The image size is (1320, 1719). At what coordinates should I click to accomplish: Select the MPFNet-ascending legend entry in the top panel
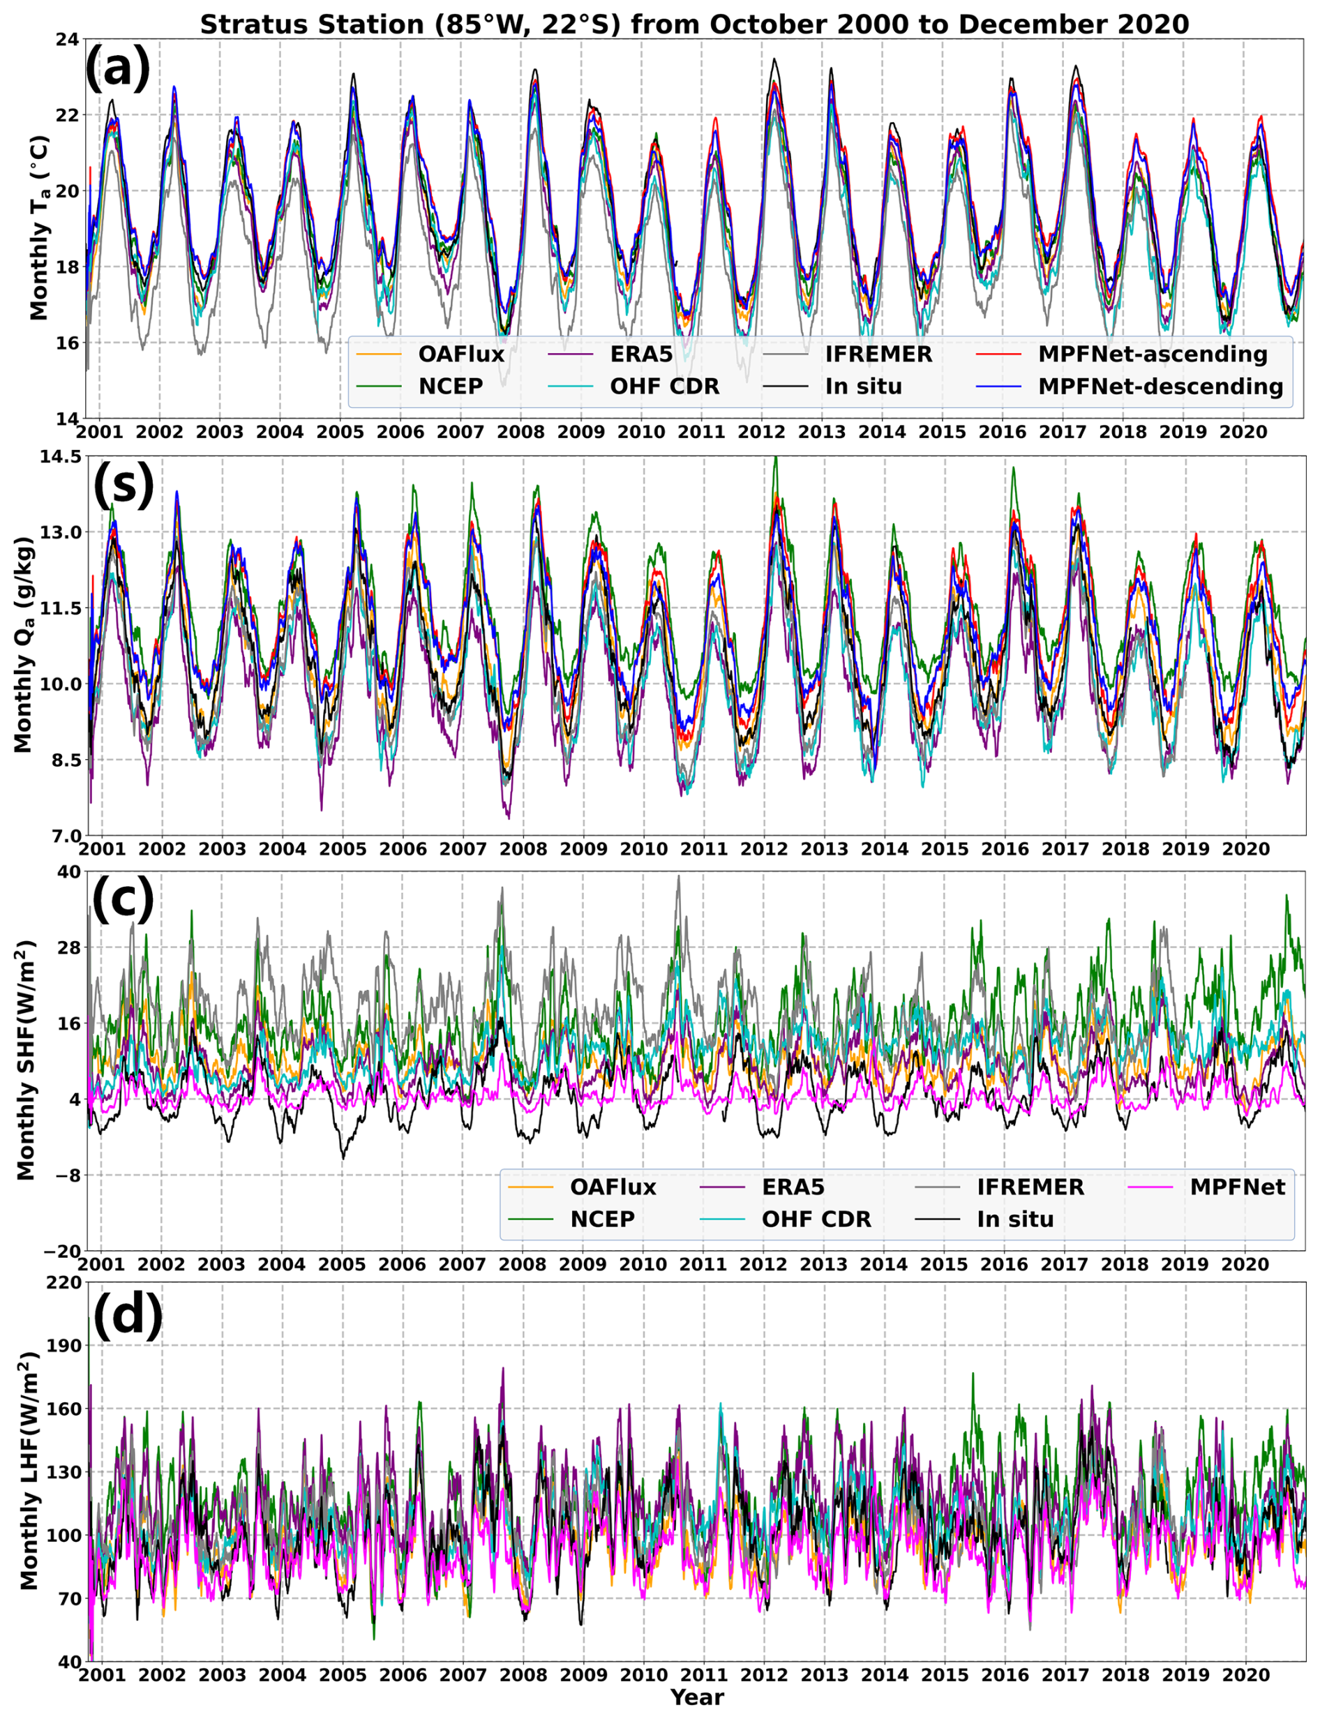tap(1153, 354)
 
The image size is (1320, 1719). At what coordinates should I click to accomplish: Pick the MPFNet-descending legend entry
tap(1160, 386)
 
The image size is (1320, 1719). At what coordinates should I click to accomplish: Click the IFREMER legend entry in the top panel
tap(878, 354)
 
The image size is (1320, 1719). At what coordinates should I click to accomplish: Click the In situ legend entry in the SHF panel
tap(1015, 1219)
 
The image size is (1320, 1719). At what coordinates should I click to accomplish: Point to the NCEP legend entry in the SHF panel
tap(603, 1219)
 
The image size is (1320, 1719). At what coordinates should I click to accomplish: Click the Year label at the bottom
tap(697, 1697)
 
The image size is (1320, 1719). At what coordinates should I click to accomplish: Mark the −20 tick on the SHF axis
tap(62, 1251)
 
